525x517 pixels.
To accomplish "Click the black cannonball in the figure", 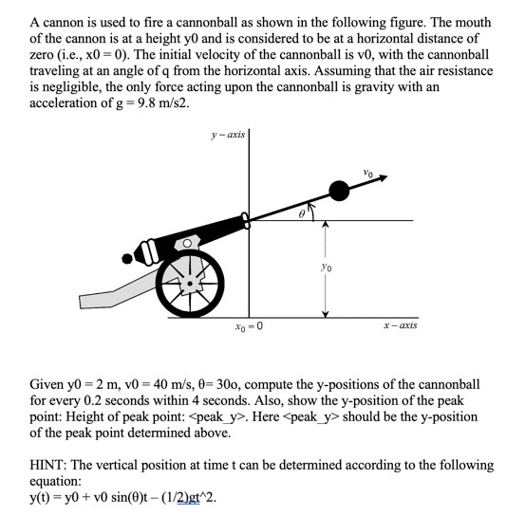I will tap(338, 191).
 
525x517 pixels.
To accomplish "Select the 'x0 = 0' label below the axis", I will tap(249, 327).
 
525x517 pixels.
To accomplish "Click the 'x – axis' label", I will tap(401, 325).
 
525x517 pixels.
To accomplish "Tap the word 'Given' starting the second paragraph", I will tap(48, 386).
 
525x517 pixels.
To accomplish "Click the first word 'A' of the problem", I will tap(35, 21).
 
